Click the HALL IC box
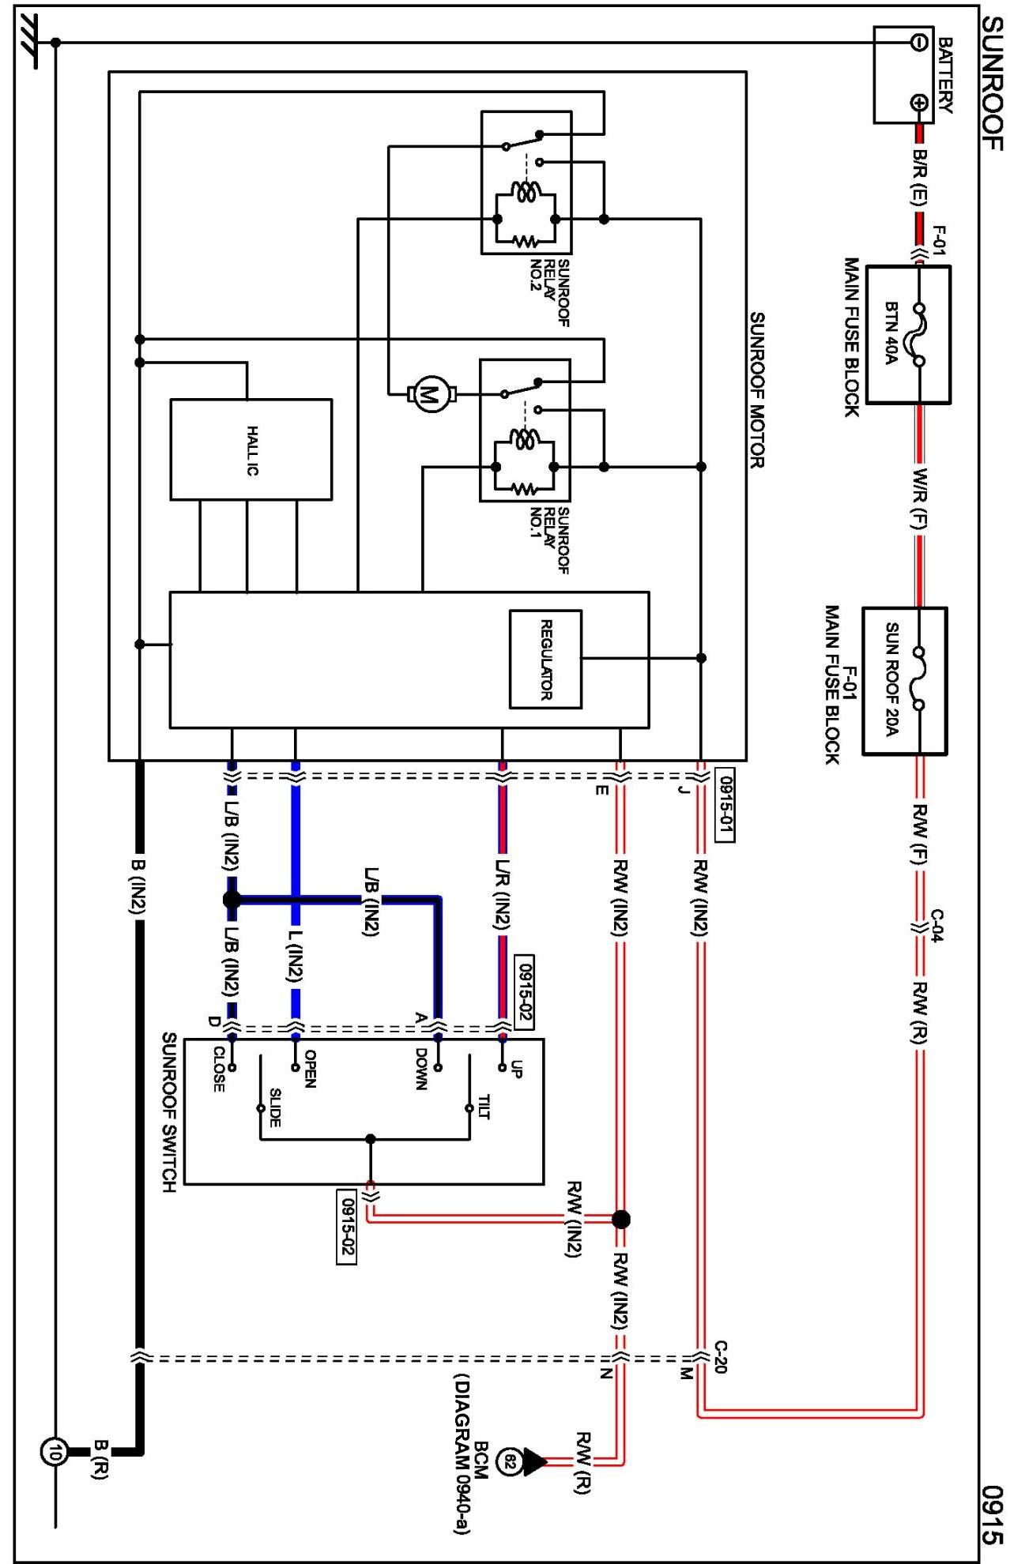click(251, 449)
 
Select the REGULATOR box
click(545, 659)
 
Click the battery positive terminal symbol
click(918, 103)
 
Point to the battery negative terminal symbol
click(918, 42)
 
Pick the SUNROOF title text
click(991, 83)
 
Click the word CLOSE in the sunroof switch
click(218, 1070)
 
